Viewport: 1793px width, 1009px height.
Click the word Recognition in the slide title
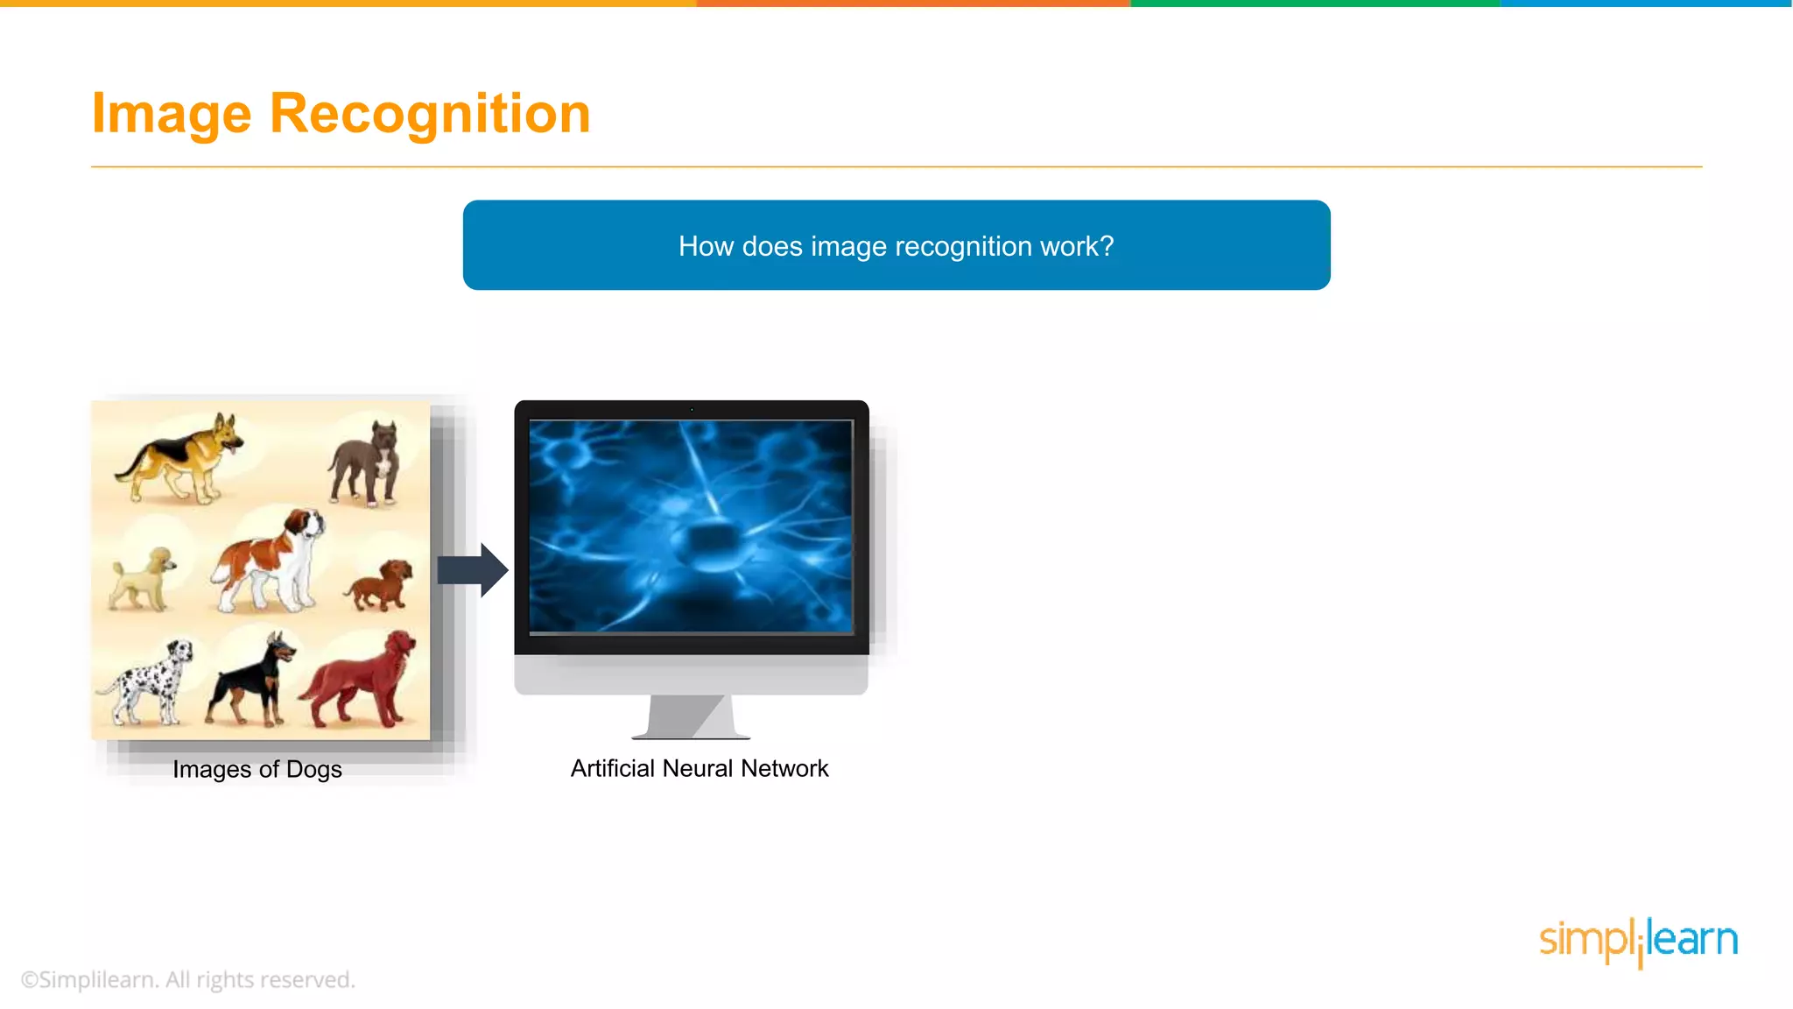click(430, 114)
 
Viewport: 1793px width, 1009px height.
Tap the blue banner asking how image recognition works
click(896, 245)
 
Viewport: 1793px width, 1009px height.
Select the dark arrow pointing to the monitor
click(473, 570)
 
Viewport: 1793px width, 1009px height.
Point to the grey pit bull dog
click(365, 465)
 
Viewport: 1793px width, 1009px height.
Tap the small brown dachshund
click(380, 584)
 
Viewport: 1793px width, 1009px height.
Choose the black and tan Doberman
click(251, 680)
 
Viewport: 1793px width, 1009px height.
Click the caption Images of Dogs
click(257, 769)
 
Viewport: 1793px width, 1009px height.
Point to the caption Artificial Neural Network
click(699, 768)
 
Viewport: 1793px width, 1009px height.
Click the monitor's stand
click(691, 716)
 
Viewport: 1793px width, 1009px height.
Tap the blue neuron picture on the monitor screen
click(691, 526)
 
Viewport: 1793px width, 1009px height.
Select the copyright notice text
click(187, 979)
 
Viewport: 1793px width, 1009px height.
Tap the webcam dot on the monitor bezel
click(692, 409)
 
